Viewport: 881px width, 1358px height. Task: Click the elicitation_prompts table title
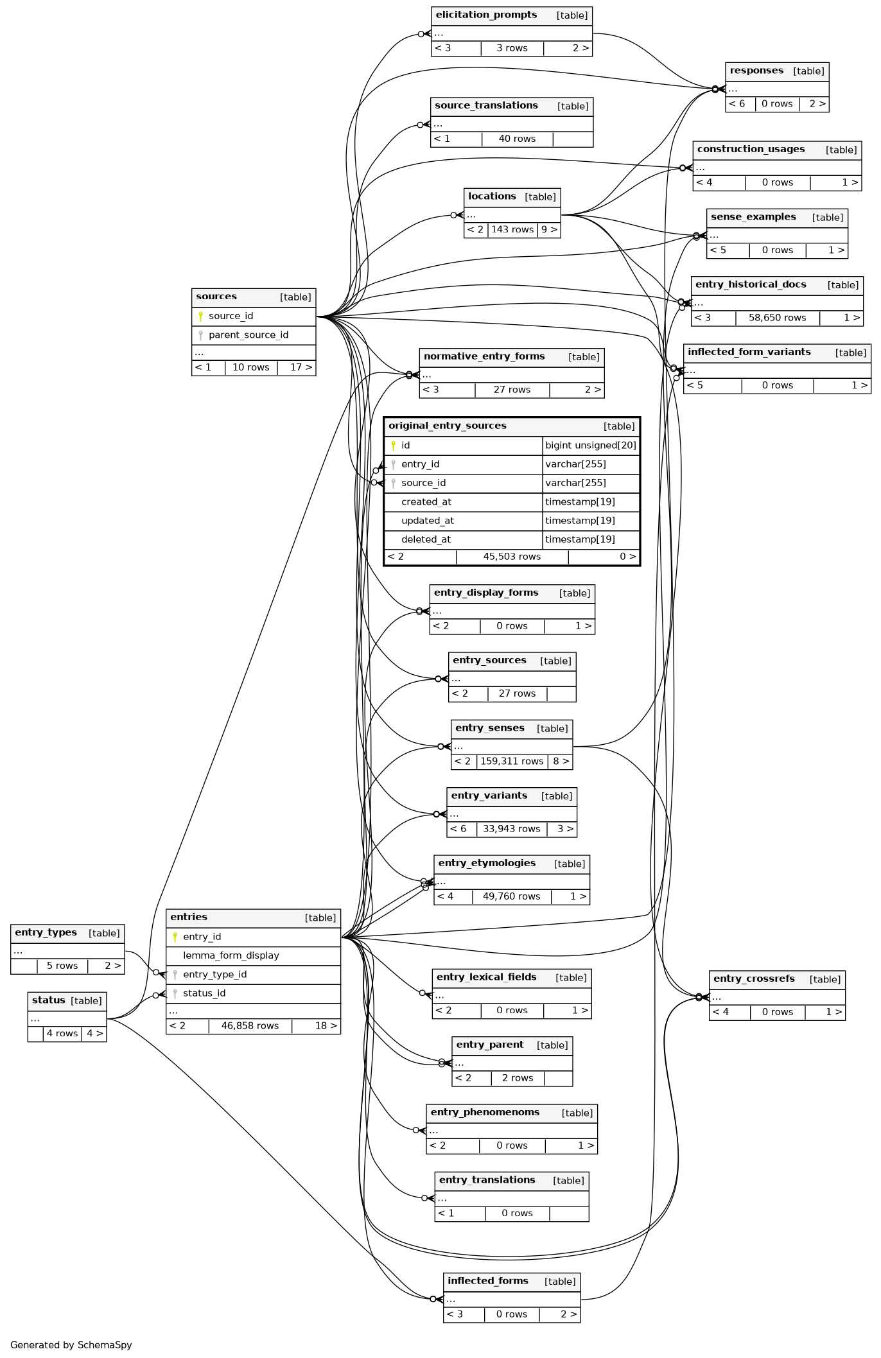pyautogui.click(x=486, y=15)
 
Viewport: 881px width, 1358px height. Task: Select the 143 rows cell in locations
pyautogui.click(x=512, y=230)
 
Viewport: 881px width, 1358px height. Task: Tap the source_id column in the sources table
pyautogui.click(x=231, y=316)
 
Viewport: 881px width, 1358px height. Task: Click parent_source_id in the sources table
pyautogui.click(x=248, y=335)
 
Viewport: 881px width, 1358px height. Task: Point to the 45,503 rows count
pyautogui.click(x=512, y=557)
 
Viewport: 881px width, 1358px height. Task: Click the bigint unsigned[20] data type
pyautogui.click(x=590, y=446)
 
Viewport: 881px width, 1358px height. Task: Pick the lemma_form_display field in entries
pyautogui.click(x=231, y=955)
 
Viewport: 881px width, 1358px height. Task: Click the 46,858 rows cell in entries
pyautogui.click(x=250, y=1026)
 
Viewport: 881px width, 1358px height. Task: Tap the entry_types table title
pyautogui.click(x=46, y=933)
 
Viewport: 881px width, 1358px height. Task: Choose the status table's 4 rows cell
pyautogui.click(x=62, y=1034)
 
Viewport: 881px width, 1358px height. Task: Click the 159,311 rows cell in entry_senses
pyautogui.click(x=512, y=762)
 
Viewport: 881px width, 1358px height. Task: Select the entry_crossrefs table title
pyautogui.click(x=754, y=979)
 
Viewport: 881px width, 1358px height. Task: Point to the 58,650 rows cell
pyautogui.click(x=777, y=318)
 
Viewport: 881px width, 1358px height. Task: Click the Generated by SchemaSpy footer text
pyautogui.click(x=71, y=1345)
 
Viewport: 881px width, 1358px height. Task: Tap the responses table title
pyautogui.click(x=756, y=71)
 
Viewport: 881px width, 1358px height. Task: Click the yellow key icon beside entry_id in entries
pyautogui.click(x=175, y=937)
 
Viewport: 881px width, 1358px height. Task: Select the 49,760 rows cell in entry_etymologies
pyautogui.click(x=511, y=896)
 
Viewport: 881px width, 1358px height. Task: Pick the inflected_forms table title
pyautogui.click(x=487, y=1281)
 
